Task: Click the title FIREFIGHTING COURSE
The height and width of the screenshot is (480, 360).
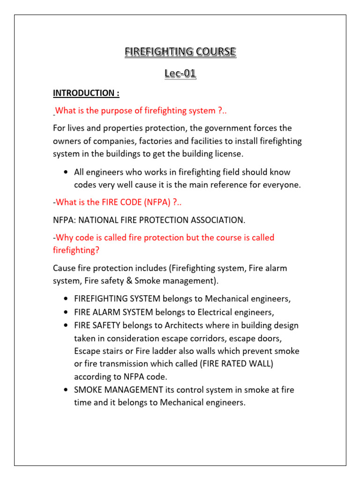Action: pos(180,52)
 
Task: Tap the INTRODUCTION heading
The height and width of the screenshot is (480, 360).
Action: pos(86,93)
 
